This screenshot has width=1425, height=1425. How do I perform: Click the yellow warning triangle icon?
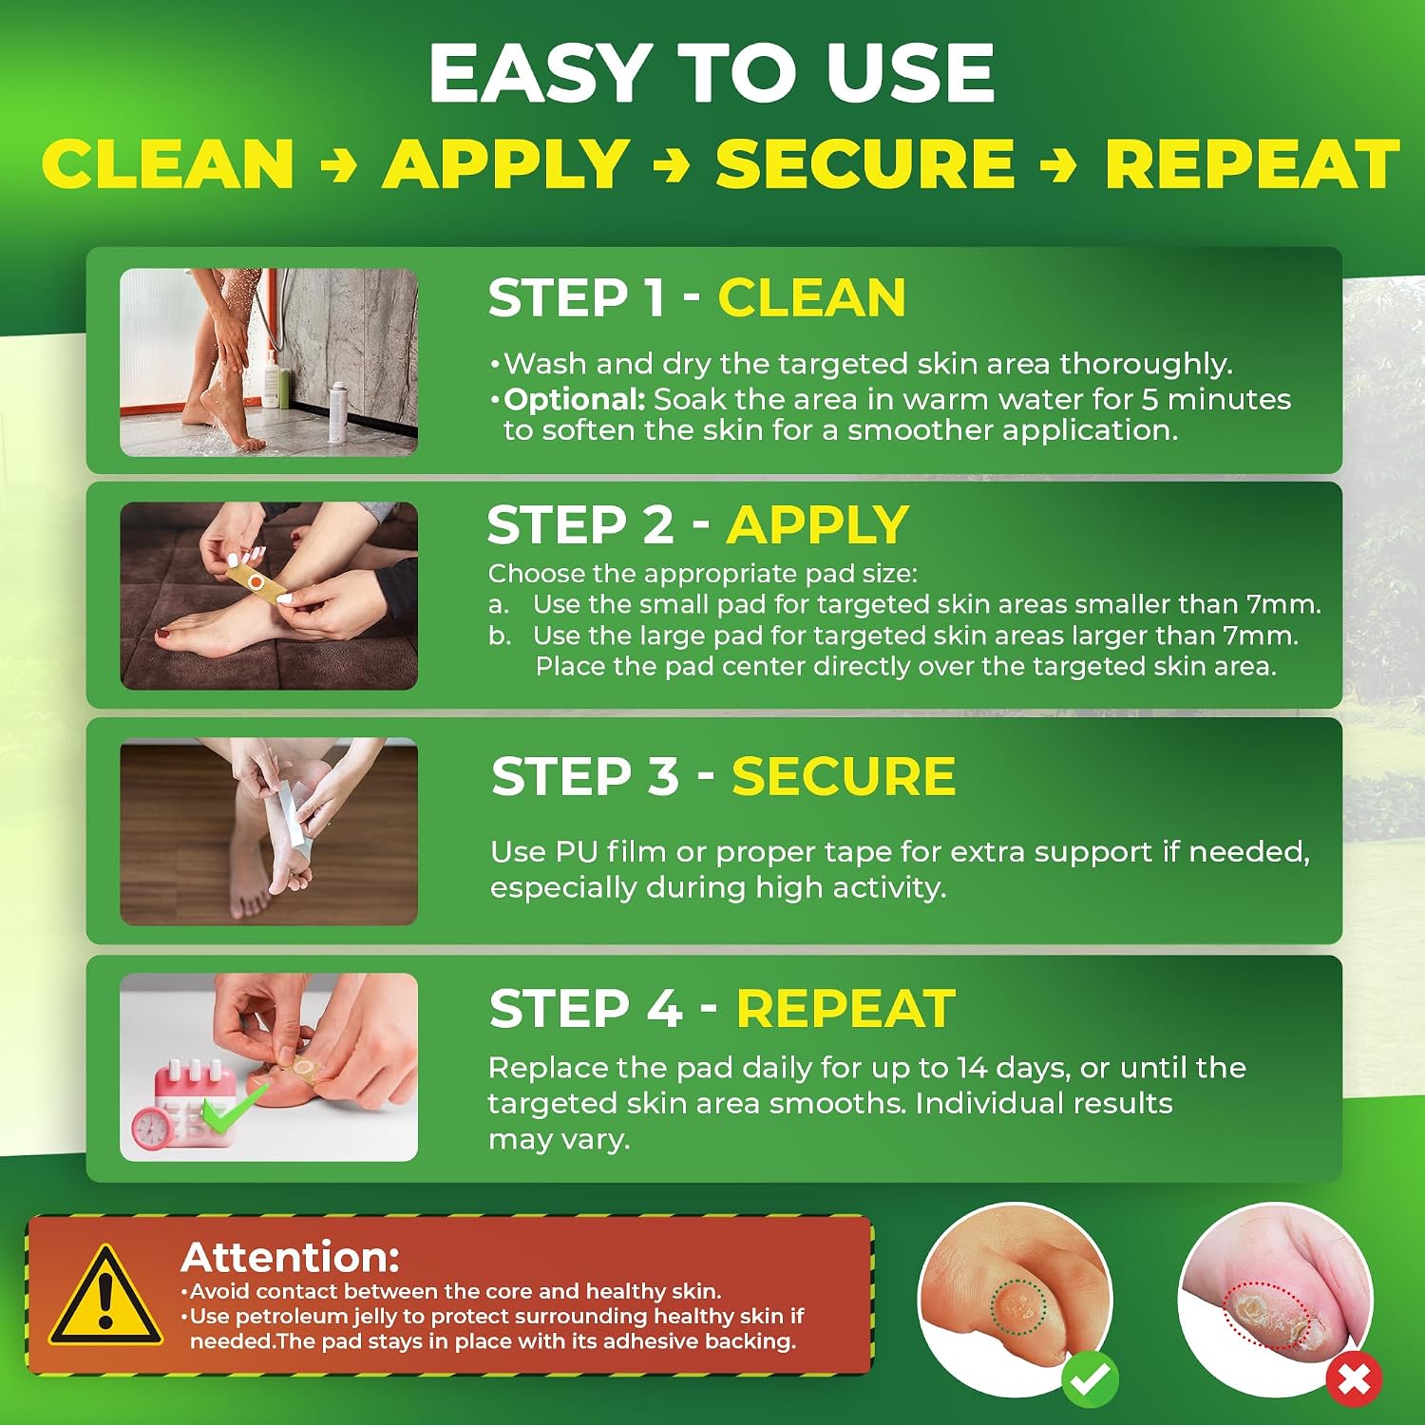pyautogui.click(x=104, y=1297)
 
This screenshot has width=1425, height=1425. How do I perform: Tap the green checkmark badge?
pyautogui.click(x=1091, y=1378)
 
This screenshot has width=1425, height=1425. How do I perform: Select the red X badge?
pyautogui.click(x=1354, y=1378)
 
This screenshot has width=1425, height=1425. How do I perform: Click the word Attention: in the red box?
pyautogui.click(x=290, y=1257)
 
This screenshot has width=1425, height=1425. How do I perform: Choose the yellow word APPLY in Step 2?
pyautogui.click(x=818, y=524)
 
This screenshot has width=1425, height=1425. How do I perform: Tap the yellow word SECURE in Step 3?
pyautogui.click(x=844, y=776)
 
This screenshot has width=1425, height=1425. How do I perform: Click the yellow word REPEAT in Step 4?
pyautogui.click(x=845, y=1008)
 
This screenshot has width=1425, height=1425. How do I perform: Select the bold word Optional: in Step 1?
pyautogui.click(x=575, y=399)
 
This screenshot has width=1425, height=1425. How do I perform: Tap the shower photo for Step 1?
pyautogui.click(x=269, y=362)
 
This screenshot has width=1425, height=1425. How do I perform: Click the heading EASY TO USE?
pyautogui.click(x=712, y=73)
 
